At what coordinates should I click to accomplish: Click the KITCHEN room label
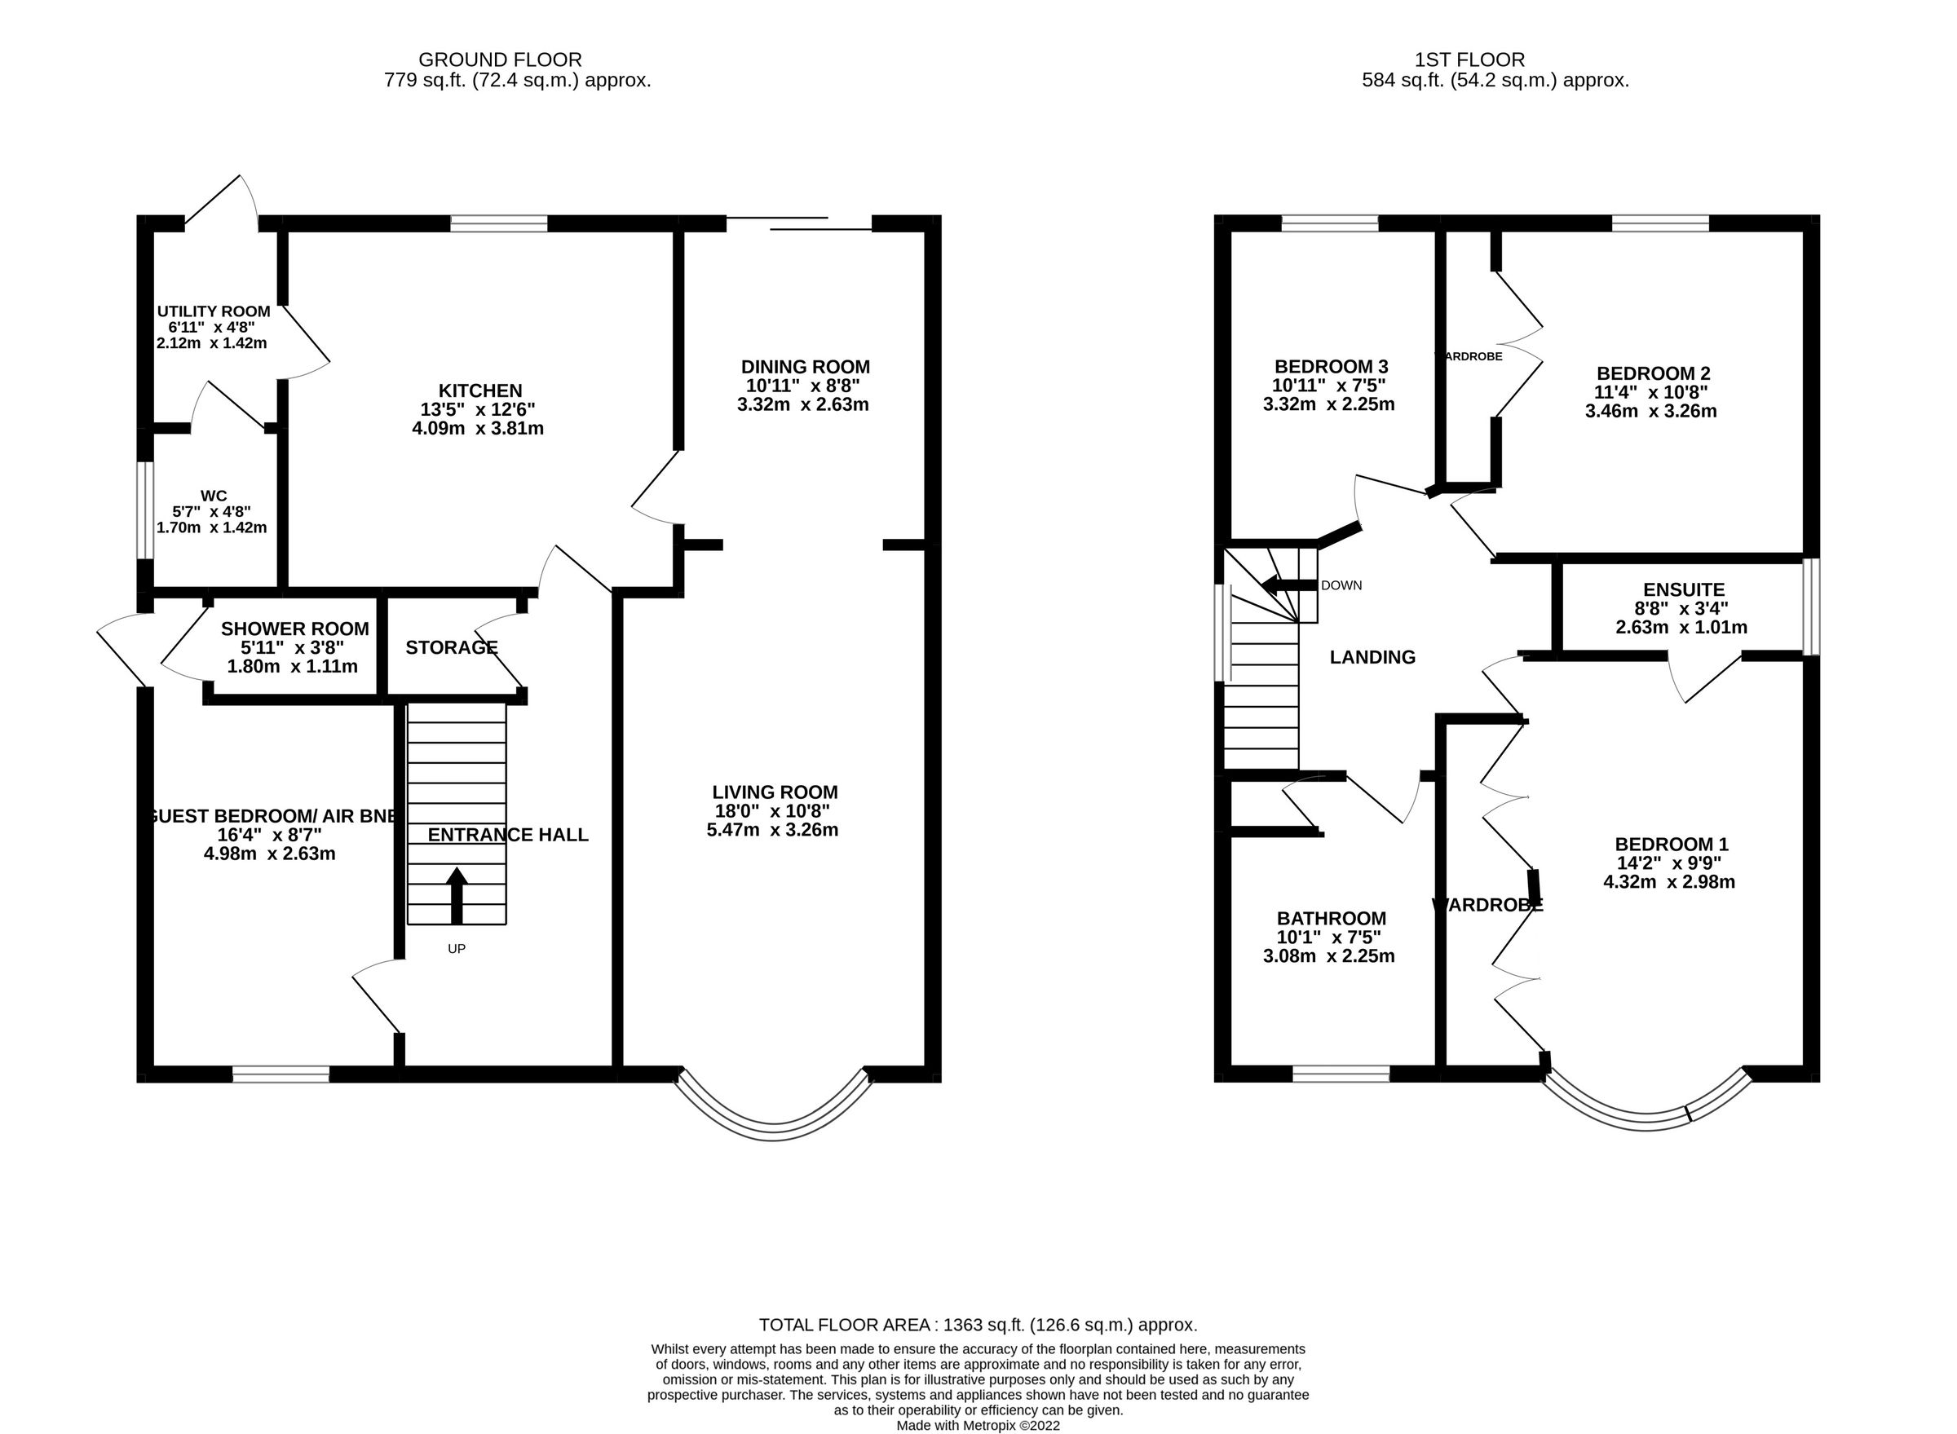pyautogui.click(x=479, y=390)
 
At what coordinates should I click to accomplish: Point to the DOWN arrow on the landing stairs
pyautogui.click(x=1288, y=585)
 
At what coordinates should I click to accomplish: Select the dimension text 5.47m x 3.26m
pyautogui.click(x=772, y=830)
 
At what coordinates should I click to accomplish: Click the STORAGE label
pyautogui.click(x=451, y=647)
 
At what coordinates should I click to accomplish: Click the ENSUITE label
pyautogui.click(x=1683, y=590)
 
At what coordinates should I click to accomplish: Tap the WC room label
pyautogui.click(x=214, y=496)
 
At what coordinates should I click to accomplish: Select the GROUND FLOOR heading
pyautogui.click(x=500, y=60)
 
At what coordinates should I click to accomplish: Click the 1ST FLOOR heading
pyautogui.click(x=1469, y=60)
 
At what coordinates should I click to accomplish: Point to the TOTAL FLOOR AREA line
pyautogui.click(x=978, y=1326)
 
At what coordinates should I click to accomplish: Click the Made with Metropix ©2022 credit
pyautogui.click(x=978, y=1425)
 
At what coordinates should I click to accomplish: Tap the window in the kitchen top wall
pyautogui.click(x=499, y=224)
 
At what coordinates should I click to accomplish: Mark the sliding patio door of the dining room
pyautogui.click(x=799, y=224)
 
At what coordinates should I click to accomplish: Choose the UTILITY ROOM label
pyautogui.click(x=214, y=311)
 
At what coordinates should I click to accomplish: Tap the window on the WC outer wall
pyautogui.click(x=145, y=510)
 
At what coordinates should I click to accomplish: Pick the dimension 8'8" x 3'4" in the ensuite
pyautogui.click(x=1683, y=608)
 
